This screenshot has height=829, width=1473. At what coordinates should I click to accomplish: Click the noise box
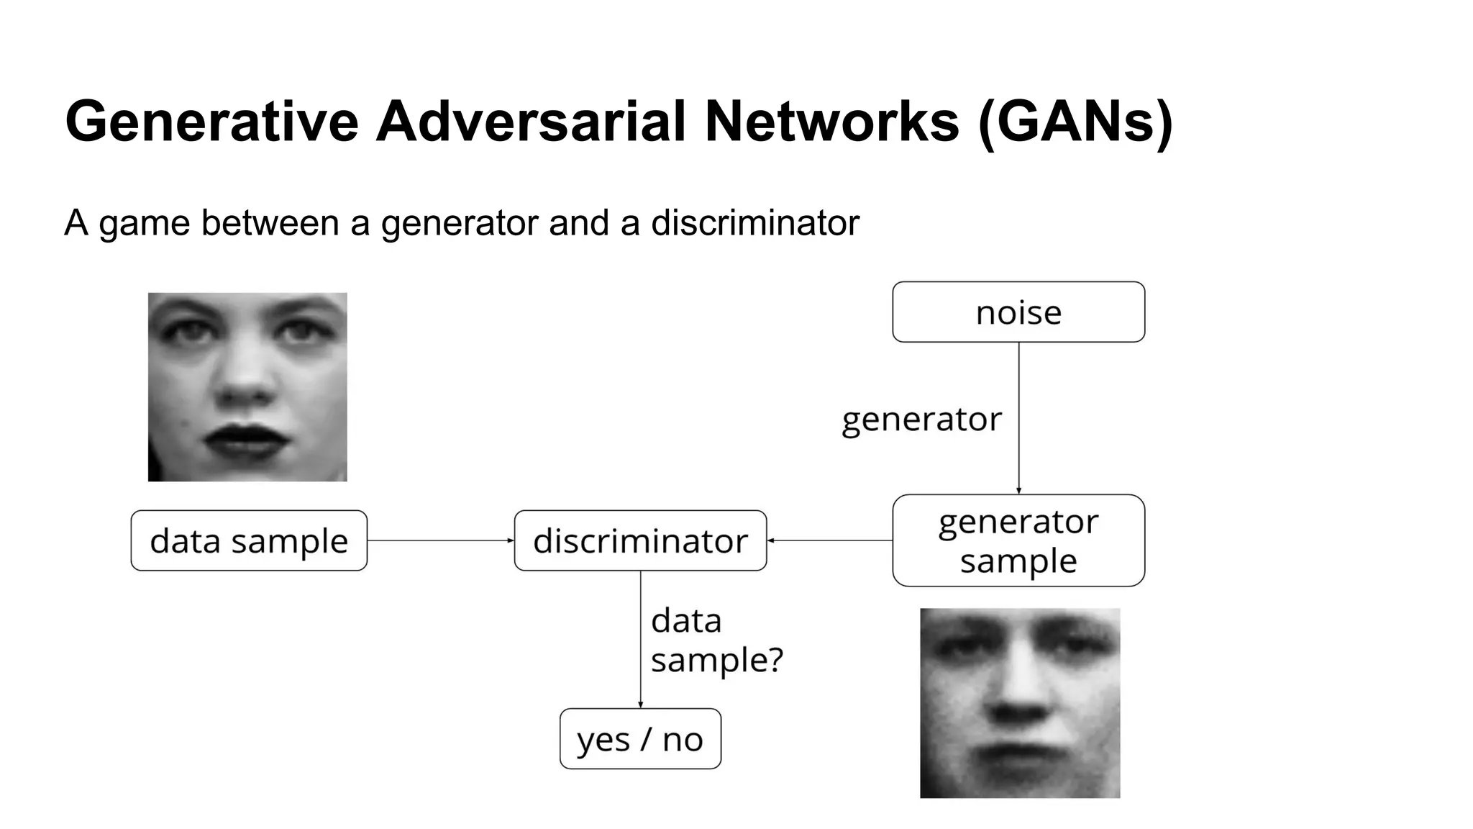point(1018,312)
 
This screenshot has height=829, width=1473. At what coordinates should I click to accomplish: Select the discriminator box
point(640,540)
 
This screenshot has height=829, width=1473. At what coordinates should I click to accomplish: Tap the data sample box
point(249,540)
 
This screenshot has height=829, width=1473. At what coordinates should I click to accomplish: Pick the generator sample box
point(1018,540)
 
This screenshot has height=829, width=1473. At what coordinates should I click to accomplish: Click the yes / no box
point(640,739)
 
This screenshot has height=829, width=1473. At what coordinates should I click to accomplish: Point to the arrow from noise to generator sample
point(1018,417)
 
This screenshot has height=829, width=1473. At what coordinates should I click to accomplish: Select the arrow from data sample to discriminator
point(440,540)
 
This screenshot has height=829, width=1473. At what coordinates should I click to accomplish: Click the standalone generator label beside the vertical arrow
point(921,419)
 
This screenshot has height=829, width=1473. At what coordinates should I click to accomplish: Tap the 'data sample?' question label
point(716,640)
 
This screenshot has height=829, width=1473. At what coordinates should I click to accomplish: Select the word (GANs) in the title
point(1075,121)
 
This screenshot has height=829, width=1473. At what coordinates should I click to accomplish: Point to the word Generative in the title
point(211,121)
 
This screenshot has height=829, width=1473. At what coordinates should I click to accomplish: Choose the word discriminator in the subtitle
point(754,222)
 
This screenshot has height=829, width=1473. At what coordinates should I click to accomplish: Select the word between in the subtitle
point(270,222)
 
